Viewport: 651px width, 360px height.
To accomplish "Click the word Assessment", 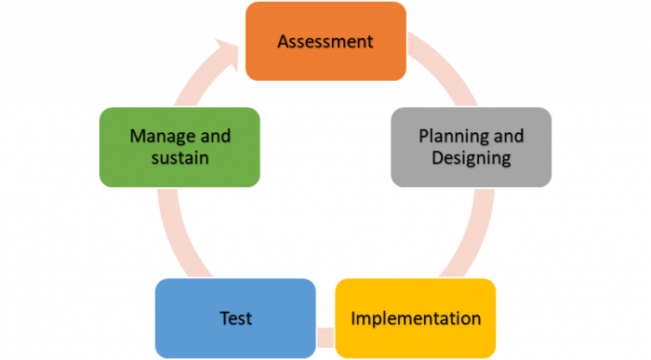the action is point(325,42).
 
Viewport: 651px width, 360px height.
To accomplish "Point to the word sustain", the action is point(179,158).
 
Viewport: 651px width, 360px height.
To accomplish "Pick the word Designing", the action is point(472,158).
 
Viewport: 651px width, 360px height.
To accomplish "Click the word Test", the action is point(235,318).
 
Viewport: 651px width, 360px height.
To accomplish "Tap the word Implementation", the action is point(416,318).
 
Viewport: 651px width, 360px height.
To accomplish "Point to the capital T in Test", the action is point(224,318).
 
